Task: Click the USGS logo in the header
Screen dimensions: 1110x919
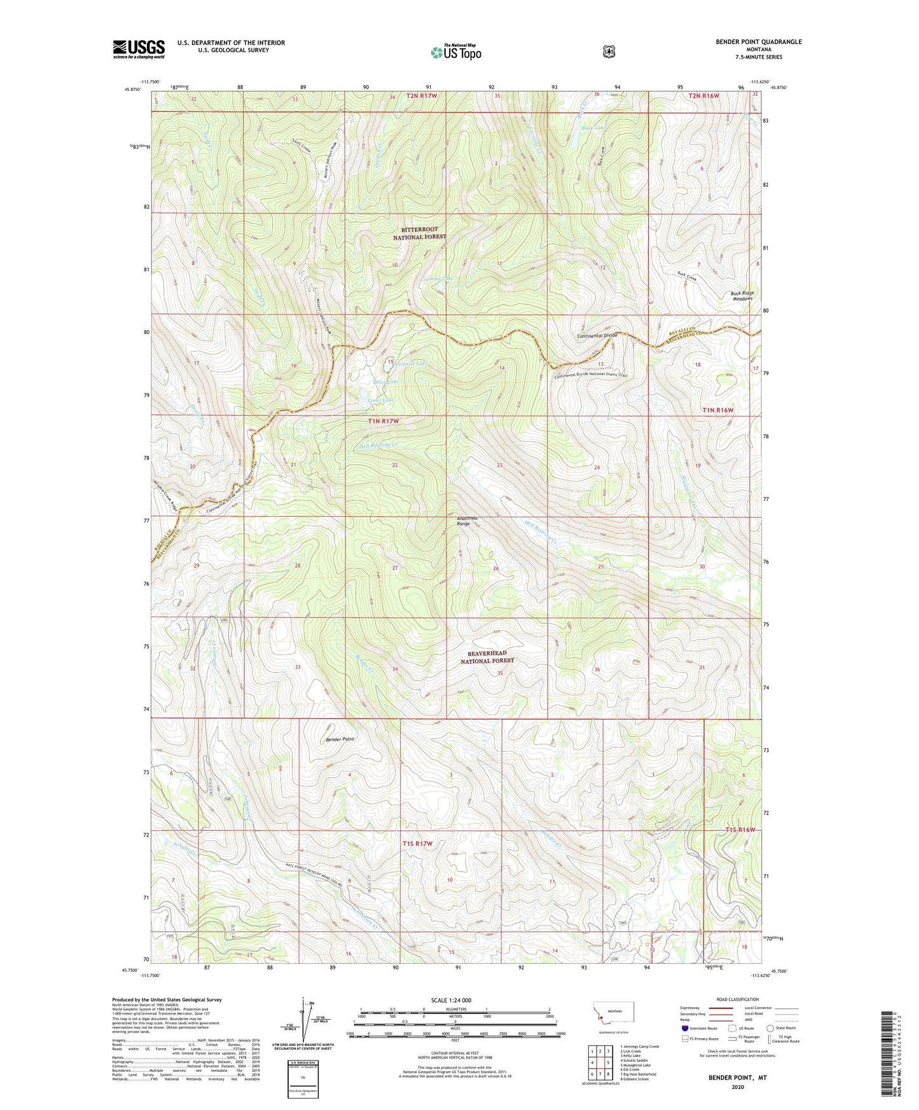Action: click(x=139, y=49)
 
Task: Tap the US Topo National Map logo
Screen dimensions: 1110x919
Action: click(x=455, y=52)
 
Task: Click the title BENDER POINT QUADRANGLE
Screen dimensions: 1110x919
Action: click(x=758, y=42)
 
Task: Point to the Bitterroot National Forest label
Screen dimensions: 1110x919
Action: click(x=419, y=233)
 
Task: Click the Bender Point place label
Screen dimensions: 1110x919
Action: click(x=340, y=739)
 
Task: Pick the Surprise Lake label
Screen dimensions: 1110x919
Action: click(x=411, y=364)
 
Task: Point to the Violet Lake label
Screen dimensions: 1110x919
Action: click(x=381, y=400)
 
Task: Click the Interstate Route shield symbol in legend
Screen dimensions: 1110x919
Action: click(x=684, y=1027)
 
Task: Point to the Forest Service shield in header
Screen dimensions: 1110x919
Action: click(x=609, y=51)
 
